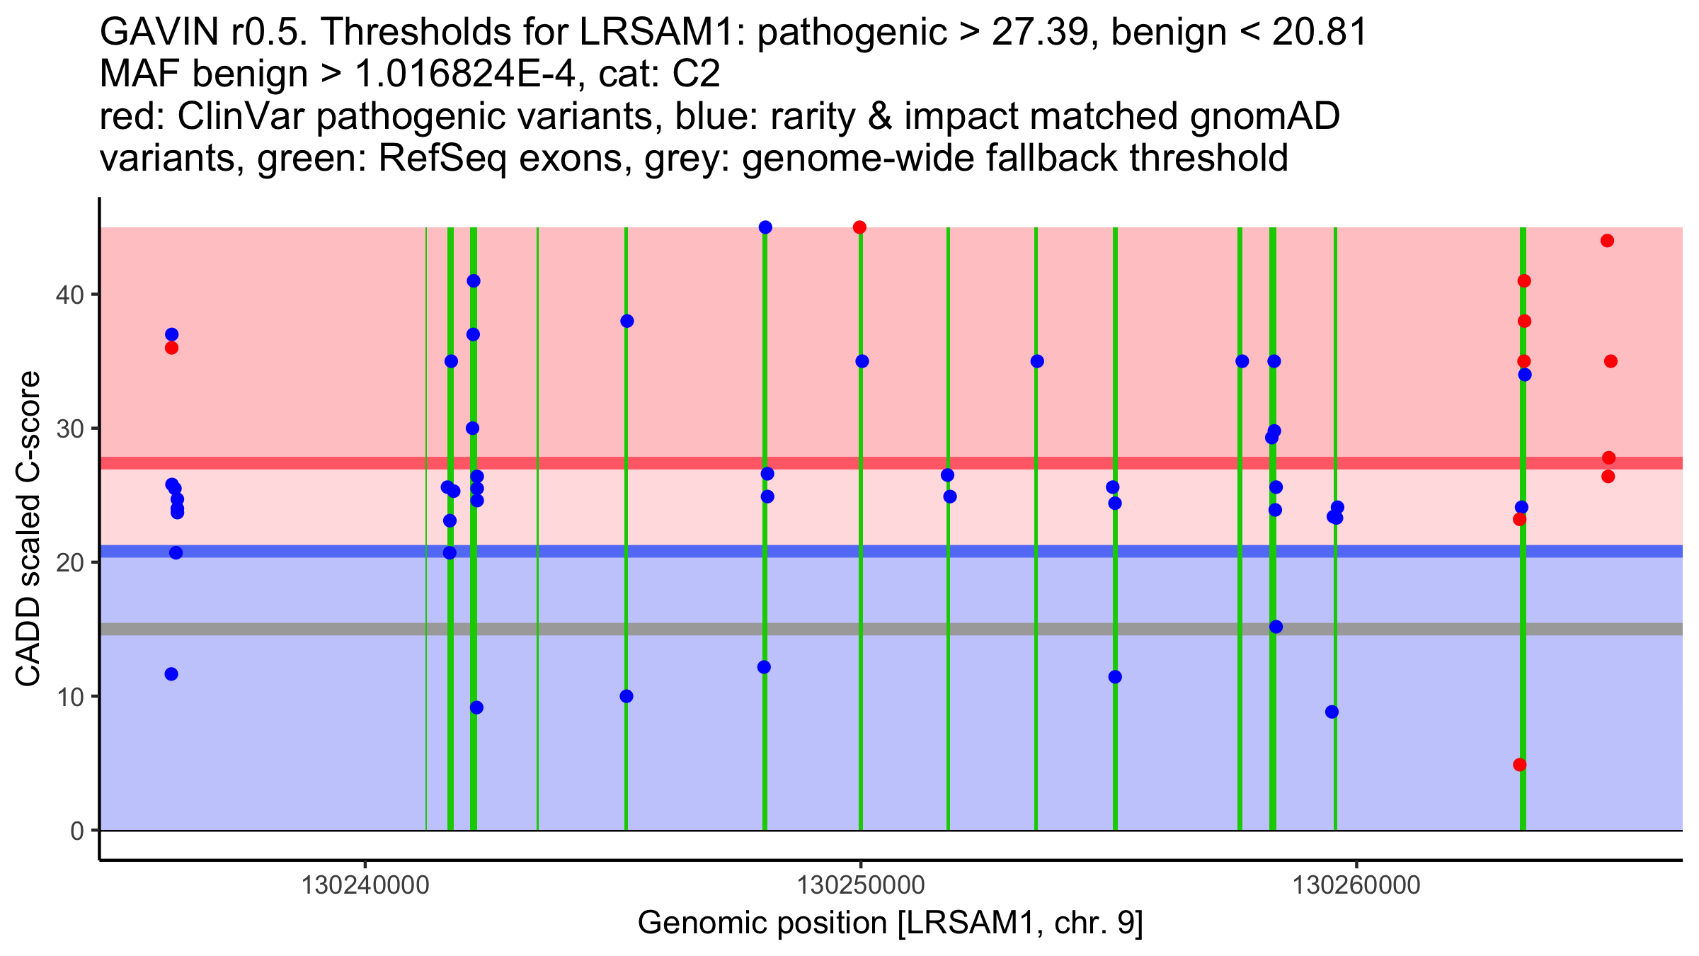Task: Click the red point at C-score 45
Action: (x=859, y=227)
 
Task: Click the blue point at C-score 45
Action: (x=765, y=227)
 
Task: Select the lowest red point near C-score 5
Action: (x=1519, y=765)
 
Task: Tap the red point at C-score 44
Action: (x=1607, y=241)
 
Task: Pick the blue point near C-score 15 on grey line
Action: (x=1276, y=627)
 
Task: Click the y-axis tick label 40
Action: (x=69, y=295)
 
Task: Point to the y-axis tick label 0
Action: (x=77, y=831)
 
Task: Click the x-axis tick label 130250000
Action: (x=861, y=886)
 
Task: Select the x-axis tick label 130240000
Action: (x=365, y=886)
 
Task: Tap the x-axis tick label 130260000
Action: (x=1356, y=886)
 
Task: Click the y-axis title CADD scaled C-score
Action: (x=28, y=529)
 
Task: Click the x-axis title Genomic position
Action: (x=890, y=923)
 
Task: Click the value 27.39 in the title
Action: (x=1039, y=33)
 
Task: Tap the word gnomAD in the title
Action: (x=1265, y=117)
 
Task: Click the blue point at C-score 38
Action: (x=627, y=321)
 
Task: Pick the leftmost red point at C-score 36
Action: (x=171, y=348)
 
